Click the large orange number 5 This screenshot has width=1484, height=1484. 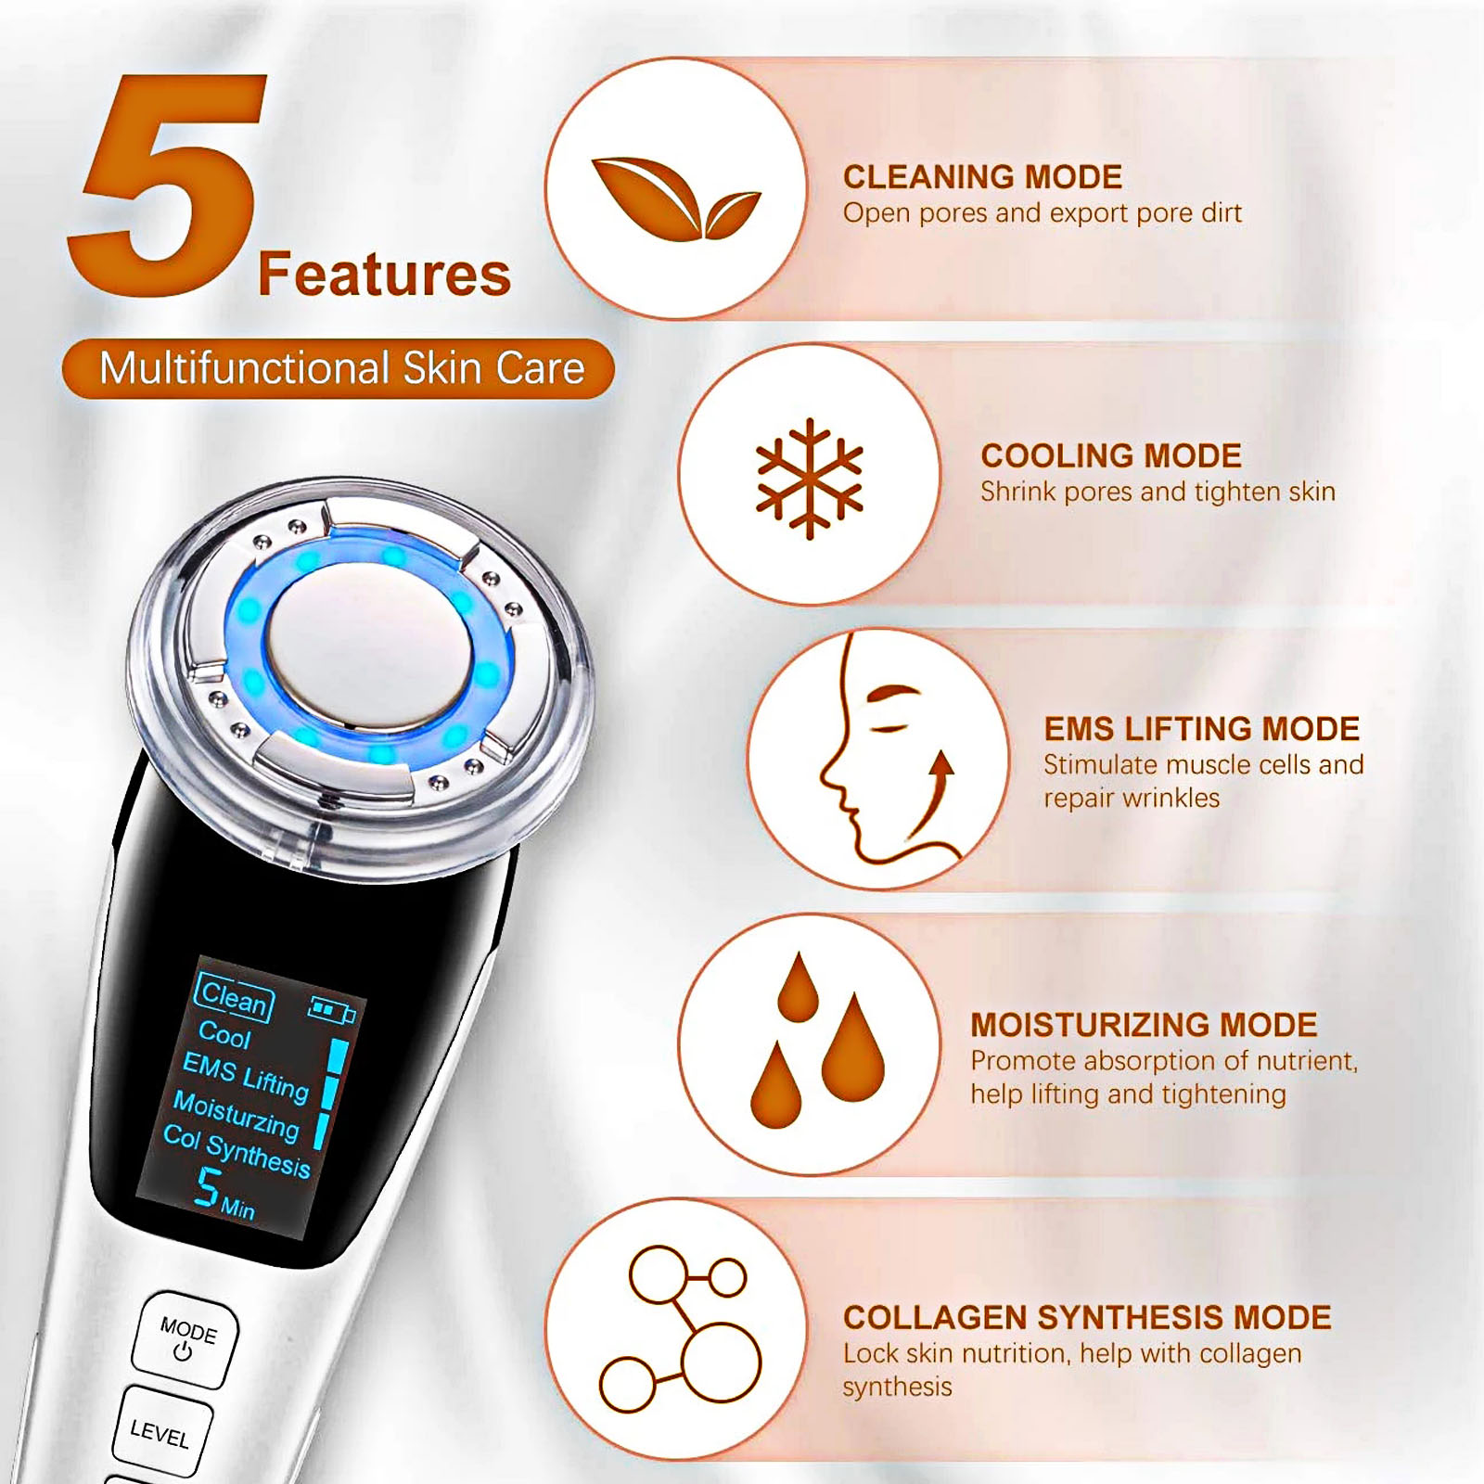point(167,185)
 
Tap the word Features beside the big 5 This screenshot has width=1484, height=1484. point(384,275)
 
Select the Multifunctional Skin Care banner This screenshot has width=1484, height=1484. point(339,368)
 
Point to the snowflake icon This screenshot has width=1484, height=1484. point(810,479)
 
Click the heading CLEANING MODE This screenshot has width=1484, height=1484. point(982,177)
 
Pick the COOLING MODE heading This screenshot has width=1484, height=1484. point(1110,455)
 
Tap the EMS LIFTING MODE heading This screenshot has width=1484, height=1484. point(1201,729)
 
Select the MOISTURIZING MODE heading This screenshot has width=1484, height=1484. point(1144,1025)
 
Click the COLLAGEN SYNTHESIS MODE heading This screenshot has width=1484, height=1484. point(1087,1317)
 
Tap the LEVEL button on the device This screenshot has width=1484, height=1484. point(161,1433)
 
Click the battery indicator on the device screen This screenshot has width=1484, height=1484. point(331,1009)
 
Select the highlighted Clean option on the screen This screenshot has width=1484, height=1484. point(234,998)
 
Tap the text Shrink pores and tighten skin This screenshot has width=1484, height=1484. point(1158,492)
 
